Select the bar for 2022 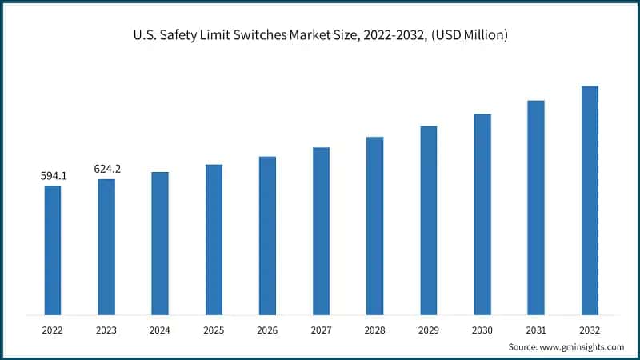[x=53, y=250]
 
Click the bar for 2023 [x=106, y=246]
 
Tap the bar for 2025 [x=214, y=239]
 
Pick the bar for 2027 [x=321, y=230]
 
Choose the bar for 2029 [x=429, y=220]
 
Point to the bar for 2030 [x=482, y=214]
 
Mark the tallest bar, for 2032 [x=590, y=200]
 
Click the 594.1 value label [x=53, y=175]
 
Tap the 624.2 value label [x=106, y=169]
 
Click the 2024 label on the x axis [x=160, y=328]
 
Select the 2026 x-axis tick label [x=267, y=328]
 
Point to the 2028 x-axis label [x=374, y=328]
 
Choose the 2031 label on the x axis [x=536, y=328]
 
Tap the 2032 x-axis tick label [x=590, y=328]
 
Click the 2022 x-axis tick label [x=53, y=328]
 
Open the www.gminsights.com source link [x=582, y=346]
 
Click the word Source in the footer [x=523, y=346]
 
